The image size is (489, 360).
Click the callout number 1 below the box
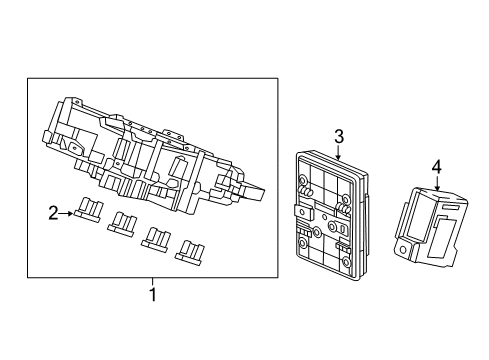click(x=153, y=294)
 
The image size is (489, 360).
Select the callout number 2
click(x=53, y=213)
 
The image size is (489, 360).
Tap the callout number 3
click(x=339, y=137)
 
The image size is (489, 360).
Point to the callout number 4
click(x=436, y=167)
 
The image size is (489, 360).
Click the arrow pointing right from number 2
click(x=66, y=214)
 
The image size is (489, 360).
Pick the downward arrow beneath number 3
click(x=339, y=154)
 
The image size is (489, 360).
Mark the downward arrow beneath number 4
click(x=437, y=184)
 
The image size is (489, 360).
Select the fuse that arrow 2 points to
click(x=88, y=209)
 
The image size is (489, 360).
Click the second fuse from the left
click(x=121, y=224)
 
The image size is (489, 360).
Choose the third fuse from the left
click(x=155, y=239)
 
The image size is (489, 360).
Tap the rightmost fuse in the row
click(x=190, y=253)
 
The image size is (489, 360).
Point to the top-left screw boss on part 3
click(x=303, y=181)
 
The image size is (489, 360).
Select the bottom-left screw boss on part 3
click(x=304, y=243)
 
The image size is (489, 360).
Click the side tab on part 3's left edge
click(x=303, y=212)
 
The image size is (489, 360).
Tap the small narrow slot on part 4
click(x=451, y=207)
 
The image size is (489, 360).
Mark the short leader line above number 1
click(x=153, y=282)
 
